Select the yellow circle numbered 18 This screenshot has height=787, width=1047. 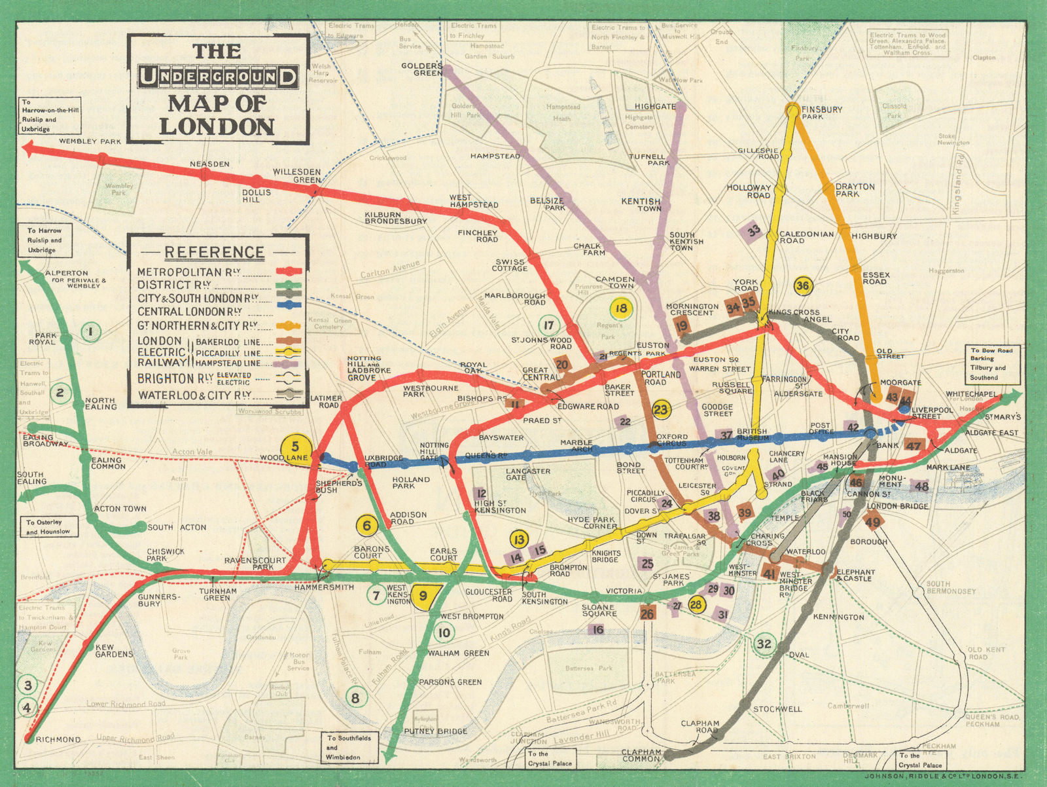(621, 308)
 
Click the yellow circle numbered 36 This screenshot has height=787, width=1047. (802, 285)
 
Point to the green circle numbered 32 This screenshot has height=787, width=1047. (764, 643)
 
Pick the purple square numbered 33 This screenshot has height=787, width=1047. (754, 230)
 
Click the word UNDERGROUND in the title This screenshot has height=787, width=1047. (218, 77)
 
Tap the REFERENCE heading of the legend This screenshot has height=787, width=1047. (215, 252)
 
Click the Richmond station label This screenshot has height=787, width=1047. (58, 740)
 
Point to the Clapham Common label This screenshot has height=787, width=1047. (642, 756)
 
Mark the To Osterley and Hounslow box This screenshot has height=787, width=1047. (48, 527)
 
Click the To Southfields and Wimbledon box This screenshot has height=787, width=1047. (349, 747)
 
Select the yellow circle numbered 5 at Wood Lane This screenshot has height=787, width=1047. (295, 447)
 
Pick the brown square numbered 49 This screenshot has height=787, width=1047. (873, 522)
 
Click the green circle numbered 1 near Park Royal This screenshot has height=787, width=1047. (90, 332)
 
